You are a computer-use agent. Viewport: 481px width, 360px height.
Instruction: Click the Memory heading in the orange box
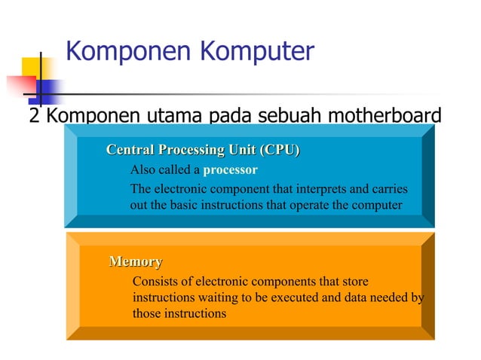(136, 262)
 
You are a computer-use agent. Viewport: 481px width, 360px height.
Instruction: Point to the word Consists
(154, 282)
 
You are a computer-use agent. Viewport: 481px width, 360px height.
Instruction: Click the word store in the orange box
(355, 282)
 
